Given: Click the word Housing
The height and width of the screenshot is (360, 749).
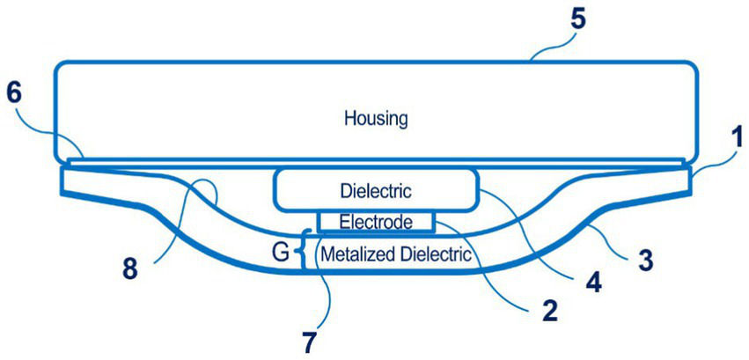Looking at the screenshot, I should click(x=377, y=117).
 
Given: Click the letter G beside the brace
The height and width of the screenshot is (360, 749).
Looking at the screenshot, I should click(x=280, y=254).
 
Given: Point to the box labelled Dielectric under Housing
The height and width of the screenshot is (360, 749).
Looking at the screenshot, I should click(x=377, y=190).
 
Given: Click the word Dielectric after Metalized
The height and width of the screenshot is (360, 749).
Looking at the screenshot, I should click(x=435, y=256).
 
